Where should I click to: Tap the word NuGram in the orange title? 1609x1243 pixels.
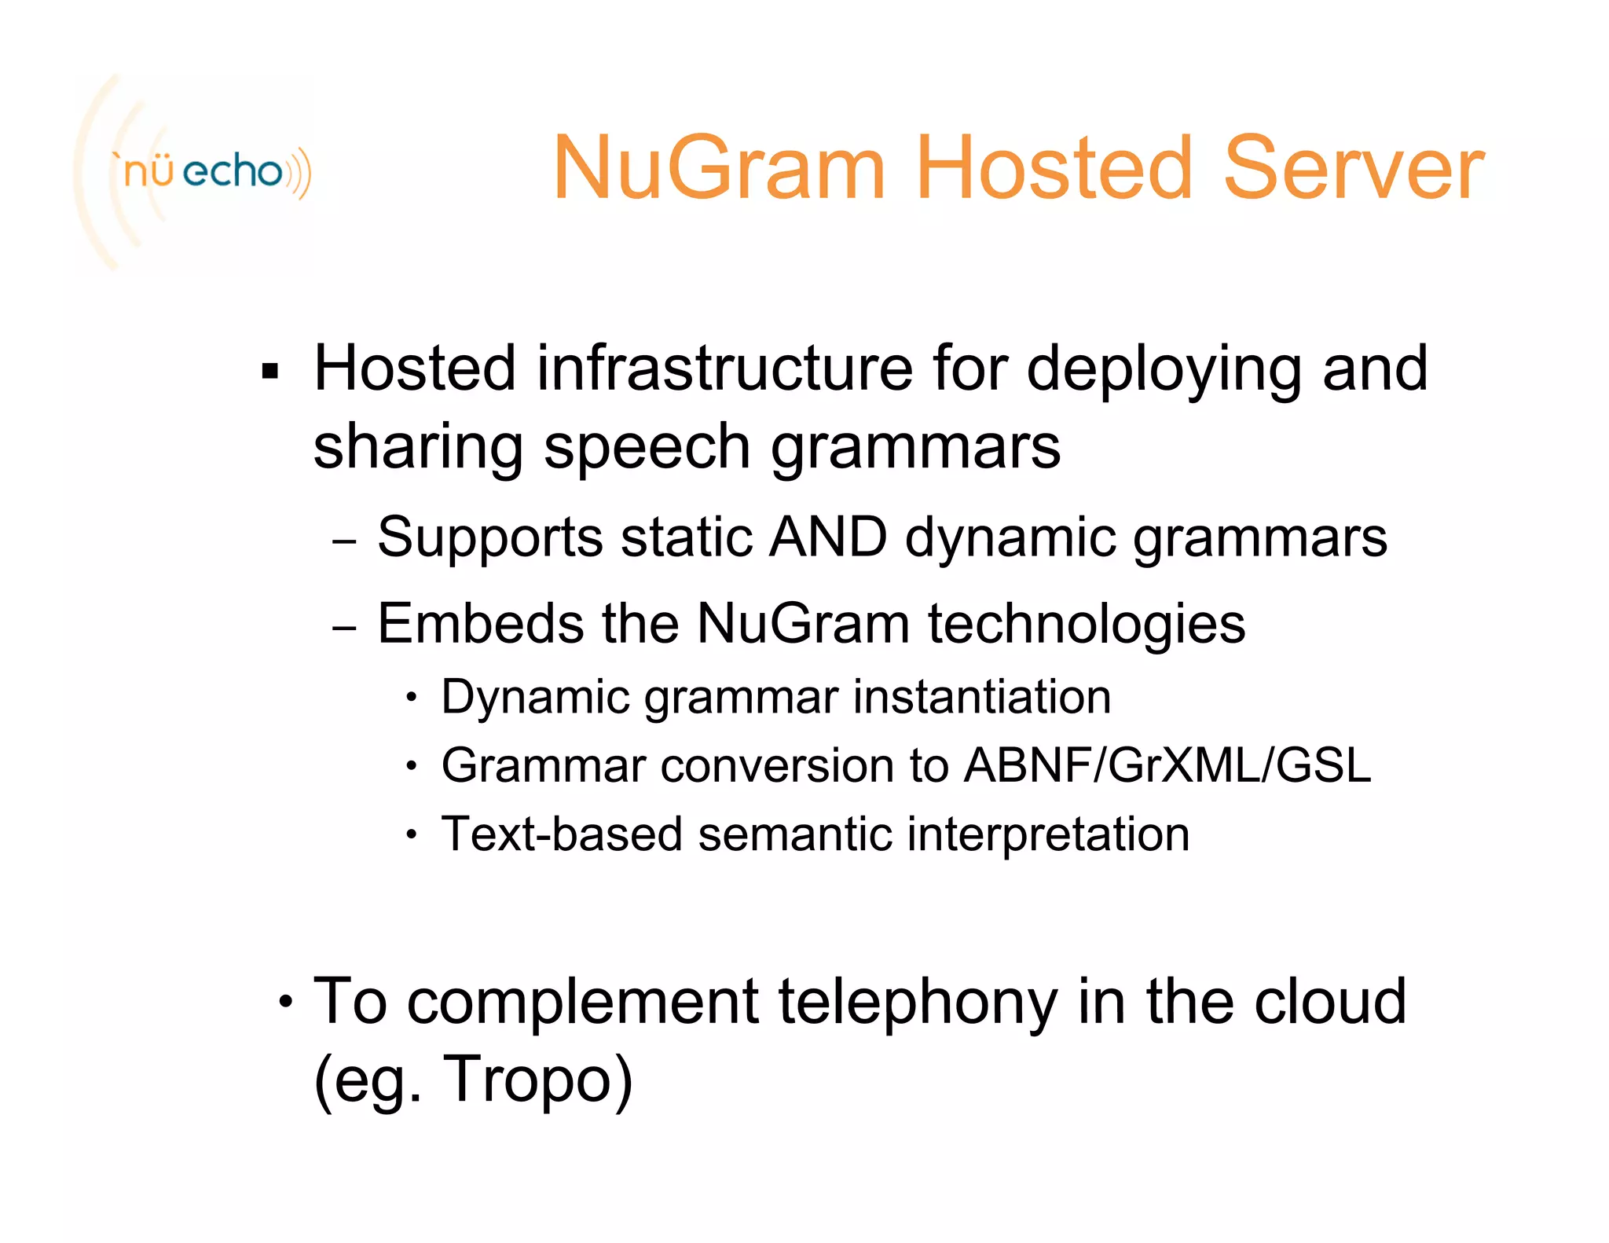click(x=719, y=168)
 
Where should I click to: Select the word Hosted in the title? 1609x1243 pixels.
click(x=1053, y=168)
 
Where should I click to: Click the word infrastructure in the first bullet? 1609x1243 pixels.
click(x=724, y=369)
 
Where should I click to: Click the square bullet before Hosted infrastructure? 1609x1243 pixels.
click(x=270, y=371)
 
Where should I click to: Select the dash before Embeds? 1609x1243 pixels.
click(x=344, y=628)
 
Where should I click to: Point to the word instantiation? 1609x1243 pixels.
click(x=982, y=697)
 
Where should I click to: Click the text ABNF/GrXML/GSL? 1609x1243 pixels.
click(x=1167, y=765)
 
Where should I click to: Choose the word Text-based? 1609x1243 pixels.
click(x=561, y=834)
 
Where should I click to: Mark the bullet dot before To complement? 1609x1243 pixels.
click(x=286, y=1003)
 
